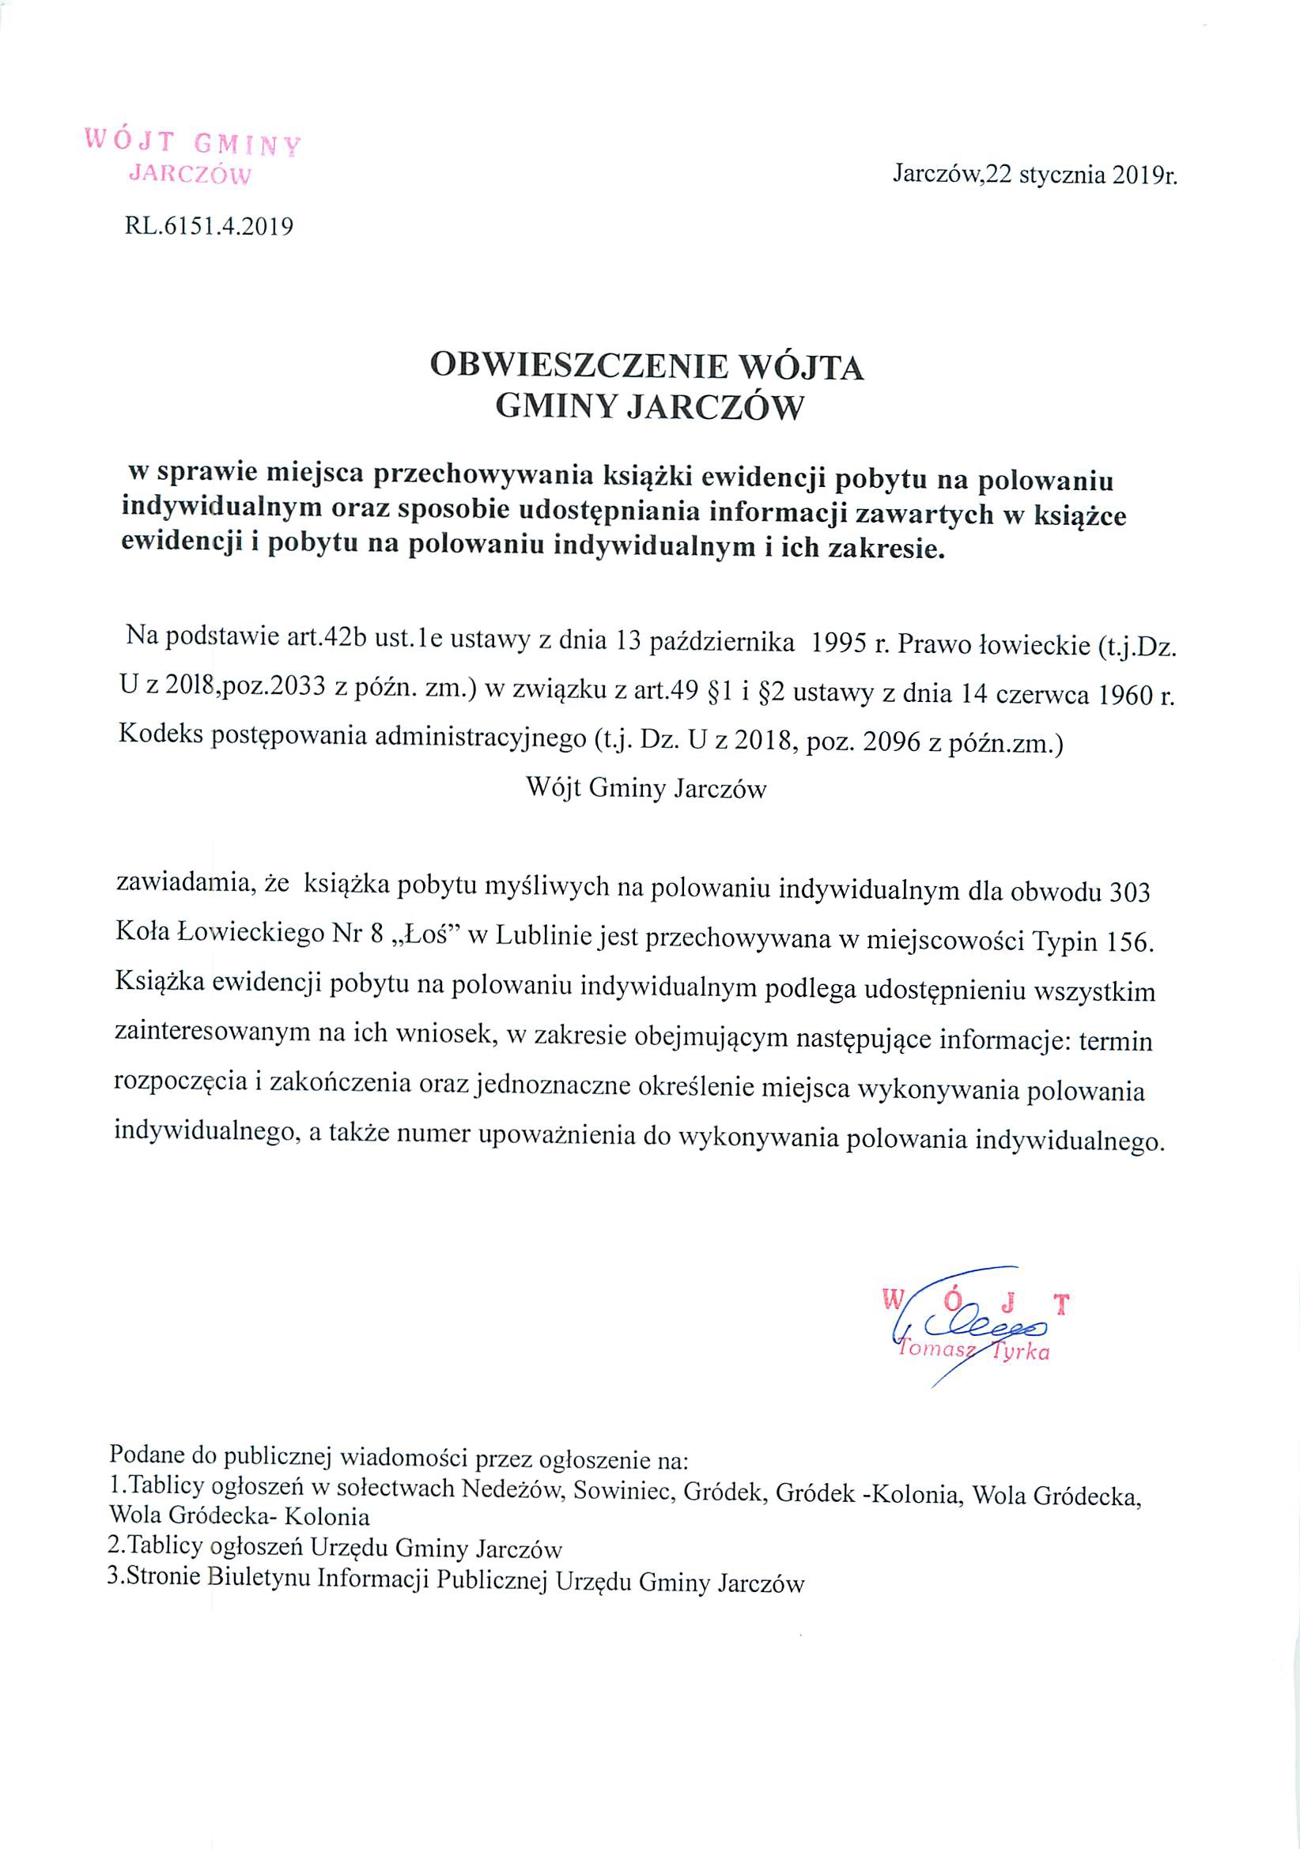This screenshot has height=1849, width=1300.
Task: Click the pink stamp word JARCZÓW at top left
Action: click(191, 174)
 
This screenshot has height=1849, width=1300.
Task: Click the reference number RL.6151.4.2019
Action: click(209, 227)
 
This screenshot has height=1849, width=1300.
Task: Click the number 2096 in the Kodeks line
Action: click(892, 742)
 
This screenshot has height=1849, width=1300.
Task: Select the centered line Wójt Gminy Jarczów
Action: click(646, 787)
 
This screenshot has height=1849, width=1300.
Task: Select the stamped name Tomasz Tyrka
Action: click(973, 1352)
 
